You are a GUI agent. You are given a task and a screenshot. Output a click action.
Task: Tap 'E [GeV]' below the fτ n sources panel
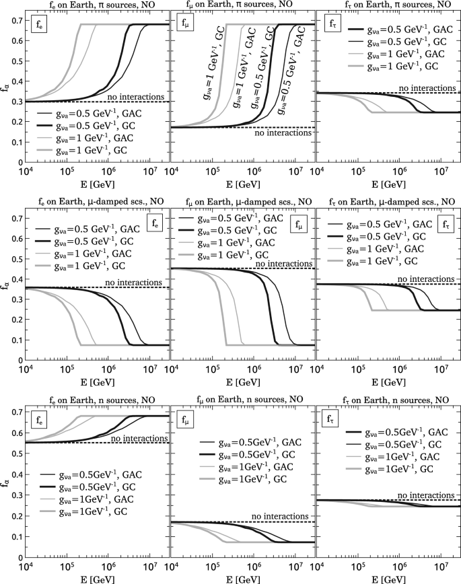pos(387,577)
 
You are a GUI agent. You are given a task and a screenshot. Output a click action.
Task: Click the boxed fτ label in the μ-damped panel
pos(446,225)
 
